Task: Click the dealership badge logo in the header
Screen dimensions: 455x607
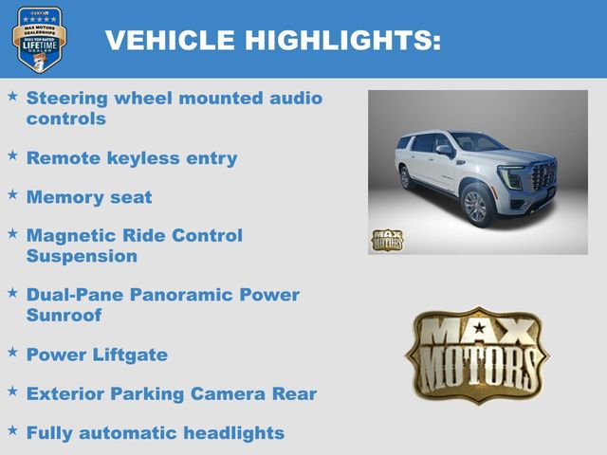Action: tap(39, 39)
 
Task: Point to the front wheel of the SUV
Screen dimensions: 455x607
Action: tap(475, 206)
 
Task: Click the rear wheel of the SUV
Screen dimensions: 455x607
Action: tap(406, 177)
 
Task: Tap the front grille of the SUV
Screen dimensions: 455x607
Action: tap(543, 176)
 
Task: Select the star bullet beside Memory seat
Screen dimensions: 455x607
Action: tap(12, 194)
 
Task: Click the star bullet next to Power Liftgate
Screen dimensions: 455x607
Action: tap(12, 352)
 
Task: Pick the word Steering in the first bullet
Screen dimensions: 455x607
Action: tap(66, 98)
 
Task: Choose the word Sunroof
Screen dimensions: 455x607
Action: tap(64, 315)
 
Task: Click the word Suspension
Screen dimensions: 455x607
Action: tap(82, 256)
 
